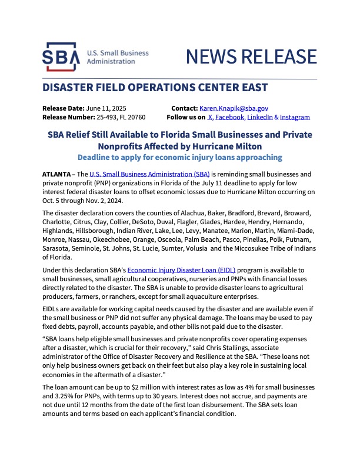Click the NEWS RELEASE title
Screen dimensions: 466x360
pos(251,56)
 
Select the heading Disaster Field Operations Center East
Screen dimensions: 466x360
pos(155,88)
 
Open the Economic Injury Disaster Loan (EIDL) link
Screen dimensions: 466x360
pos(176,269)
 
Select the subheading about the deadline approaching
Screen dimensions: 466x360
pos(180,157)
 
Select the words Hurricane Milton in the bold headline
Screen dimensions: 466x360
pos(225,145)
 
